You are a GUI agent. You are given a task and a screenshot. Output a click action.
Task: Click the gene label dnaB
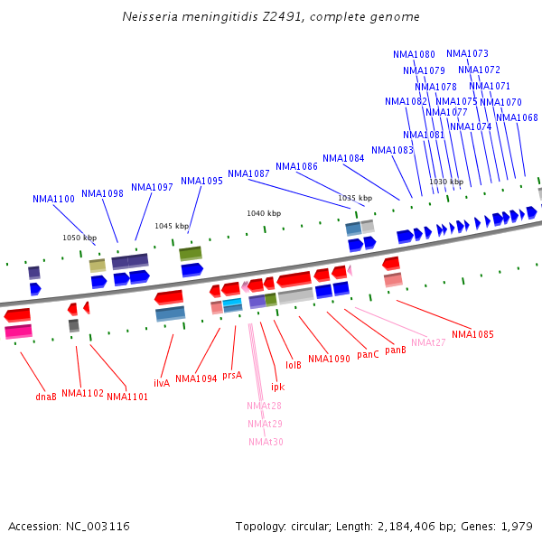coord(46,396)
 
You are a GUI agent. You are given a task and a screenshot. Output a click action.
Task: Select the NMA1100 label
coord(53,199)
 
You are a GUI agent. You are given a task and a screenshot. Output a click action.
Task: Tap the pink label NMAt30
coord(266,442)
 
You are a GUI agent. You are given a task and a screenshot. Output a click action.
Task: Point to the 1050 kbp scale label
coord(79,238)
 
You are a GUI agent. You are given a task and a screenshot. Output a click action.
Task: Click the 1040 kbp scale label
coord(264,213)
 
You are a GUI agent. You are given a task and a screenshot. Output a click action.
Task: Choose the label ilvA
coord(162,383)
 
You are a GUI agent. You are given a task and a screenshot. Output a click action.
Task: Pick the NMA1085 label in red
coord(472,334)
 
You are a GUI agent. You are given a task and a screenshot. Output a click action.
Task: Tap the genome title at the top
coord(271,17)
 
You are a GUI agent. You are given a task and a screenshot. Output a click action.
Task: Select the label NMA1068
coord(517,117)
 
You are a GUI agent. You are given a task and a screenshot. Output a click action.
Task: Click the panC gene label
coord(368,355)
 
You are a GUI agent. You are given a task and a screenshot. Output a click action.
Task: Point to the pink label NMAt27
coord(428,342)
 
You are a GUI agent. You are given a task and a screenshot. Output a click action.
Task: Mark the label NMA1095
coord(201,181)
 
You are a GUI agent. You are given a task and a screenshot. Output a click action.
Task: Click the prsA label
coord(232,375)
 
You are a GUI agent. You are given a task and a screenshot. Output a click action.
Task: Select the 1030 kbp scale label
coord(446,182)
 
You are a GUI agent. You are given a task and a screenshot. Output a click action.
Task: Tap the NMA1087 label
coord(248,173)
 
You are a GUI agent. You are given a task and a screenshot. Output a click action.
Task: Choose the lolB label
coord(294,365)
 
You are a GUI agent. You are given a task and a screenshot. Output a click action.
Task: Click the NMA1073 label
coord(467,53)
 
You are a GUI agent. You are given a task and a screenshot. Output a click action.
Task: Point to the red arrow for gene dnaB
coord(17,315)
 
